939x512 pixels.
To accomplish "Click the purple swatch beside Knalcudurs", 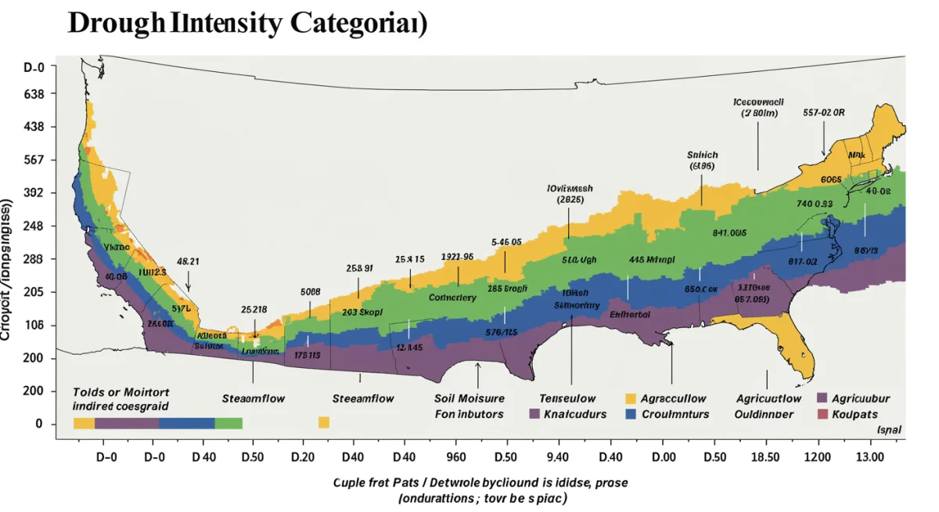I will pos(535,414).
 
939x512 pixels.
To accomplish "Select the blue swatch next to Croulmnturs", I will pos(631,414).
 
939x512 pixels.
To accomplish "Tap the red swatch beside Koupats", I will pos(822,414).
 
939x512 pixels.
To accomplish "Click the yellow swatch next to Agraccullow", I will pos(631,398).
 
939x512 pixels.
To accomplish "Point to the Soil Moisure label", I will pos(469,398).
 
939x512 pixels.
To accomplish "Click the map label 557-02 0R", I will pos(824,112).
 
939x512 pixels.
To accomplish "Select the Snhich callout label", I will pos(702,155).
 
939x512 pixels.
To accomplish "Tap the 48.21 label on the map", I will pos(188,261).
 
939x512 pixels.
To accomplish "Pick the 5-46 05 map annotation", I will pos(506,242).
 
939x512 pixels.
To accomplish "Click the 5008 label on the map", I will pos(311,291).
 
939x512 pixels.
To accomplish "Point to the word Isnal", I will pos(889,430).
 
